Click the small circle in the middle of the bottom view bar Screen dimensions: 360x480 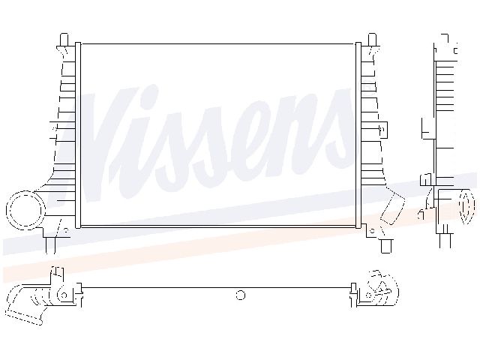pyautogui.click(x=241, y=295)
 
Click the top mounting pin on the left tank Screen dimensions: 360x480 pyautogui.click(x=65, y=38)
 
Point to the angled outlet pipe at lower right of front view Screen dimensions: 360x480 pyautogui.click(x=392, y=208)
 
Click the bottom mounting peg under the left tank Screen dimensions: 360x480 pyautogui.click(x=50, y=244)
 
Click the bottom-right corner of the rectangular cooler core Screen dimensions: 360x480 pyautogui.click(x=356, y=224)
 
